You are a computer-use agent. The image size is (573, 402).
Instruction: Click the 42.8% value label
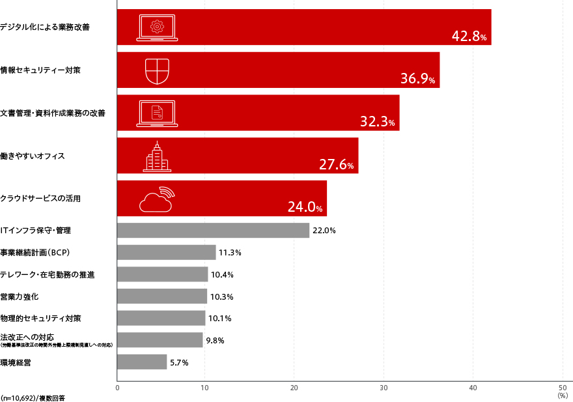(x=469, y=36)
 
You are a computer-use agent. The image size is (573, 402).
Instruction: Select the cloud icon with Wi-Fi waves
(x=157, y=200)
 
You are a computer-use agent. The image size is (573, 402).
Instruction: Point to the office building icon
(x=156, y=157)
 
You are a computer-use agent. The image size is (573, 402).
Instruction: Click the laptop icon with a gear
(x=156, y=28)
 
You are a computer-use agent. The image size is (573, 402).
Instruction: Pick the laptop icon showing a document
(x=157, y=113)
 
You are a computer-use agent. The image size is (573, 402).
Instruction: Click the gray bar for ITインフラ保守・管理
(x=213, y=230)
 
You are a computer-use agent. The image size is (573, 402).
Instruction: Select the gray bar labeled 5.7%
(x=142, y=362)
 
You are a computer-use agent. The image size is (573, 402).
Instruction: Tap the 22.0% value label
(x=324, y=231)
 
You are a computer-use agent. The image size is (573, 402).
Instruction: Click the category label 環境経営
(x=14, y=362)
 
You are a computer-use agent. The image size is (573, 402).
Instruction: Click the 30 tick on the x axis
(x=384, y=388)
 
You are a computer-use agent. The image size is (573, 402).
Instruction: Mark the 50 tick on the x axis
(x=561, y=388)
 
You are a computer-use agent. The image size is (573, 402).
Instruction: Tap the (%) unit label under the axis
(x=563, y=395)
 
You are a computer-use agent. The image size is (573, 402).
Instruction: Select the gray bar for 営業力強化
(x=162, y=296)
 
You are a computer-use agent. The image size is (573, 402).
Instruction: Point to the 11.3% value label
(x=230, y=253)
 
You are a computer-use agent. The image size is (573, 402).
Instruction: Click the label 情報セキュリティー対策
(x=40, y=70)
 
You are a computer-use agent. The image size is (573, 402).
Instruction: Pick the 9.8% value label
(x=215, y=340)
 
